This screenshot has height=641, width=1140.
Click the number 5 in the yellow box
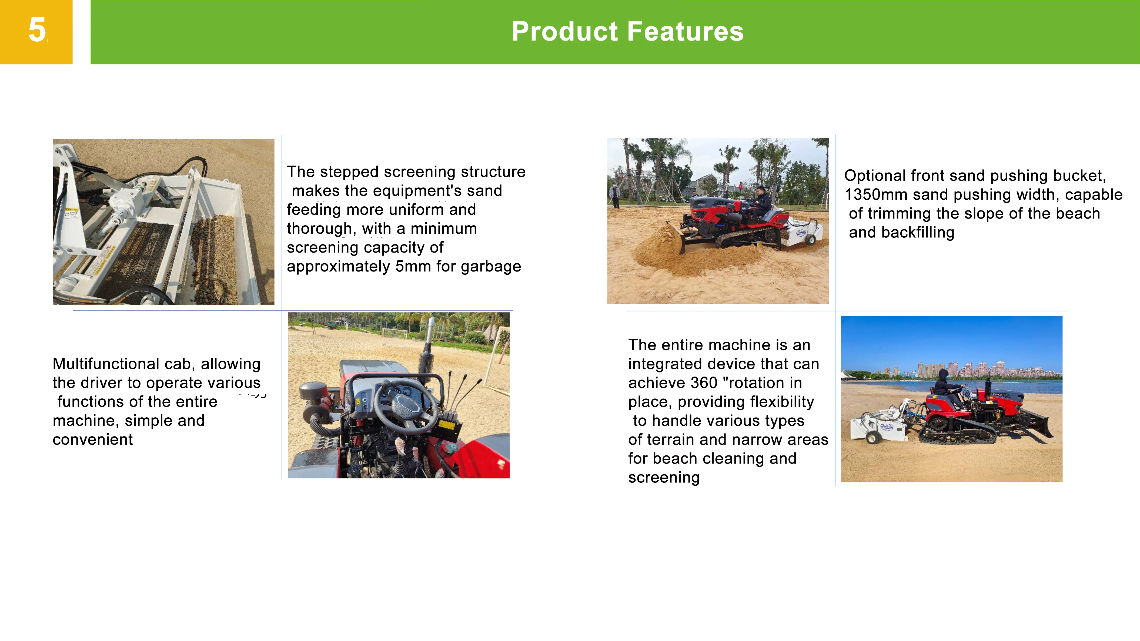[37, 30]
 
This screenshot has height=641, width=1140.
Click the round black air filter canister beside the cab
[314, 391]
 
